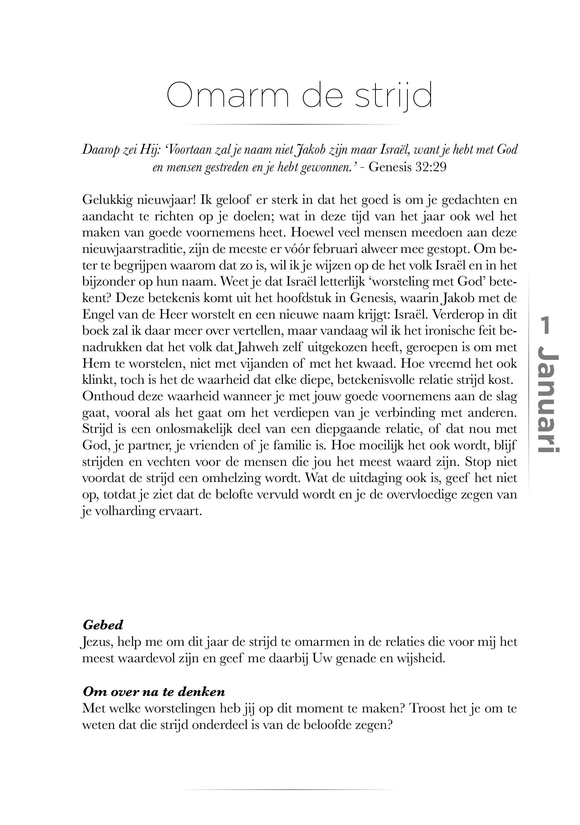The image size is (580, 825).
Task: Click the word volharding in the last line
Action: [x=124, y=511]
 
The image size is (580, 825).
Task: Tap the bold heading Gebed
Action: [x=103, y=625]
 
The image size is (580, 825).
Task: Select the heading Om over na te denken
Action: [x=154, y=692]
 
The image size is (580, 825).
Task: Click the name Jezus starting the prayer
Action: [x=96, y=642]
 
